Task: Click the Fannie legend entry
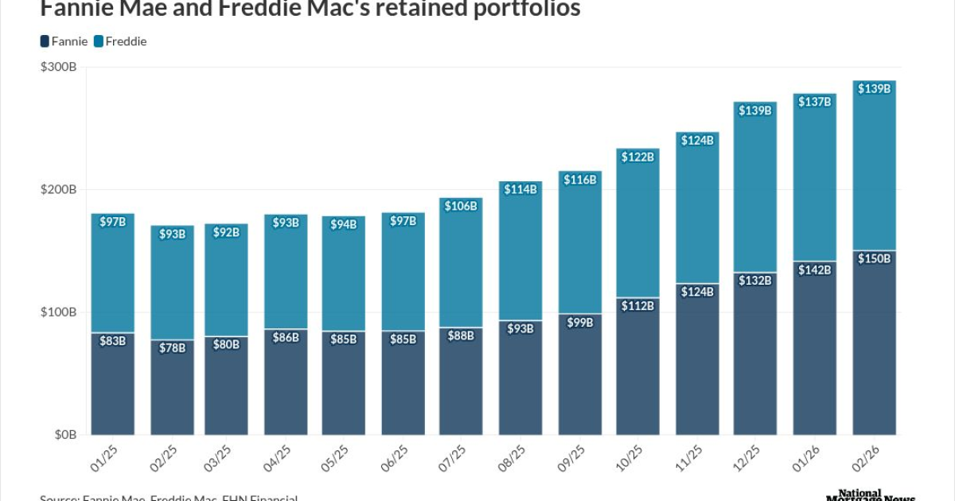pos(63,41)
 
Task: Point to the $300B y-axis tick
pos(58,68)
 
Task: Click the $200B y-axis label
pos(58,190)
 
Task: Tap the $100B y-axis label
pos(58,313)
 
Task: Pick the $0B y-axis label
pos(64,435)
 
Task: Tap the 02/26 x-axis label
pos(868,460)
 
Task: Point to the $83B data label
pos(112,341)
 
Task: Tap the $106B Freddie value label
pos(460,206)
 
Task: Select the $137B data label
pos(816,101)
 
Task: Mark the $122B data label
pos(637,157)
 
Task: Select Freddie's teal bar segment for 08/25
pos(520,254)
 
